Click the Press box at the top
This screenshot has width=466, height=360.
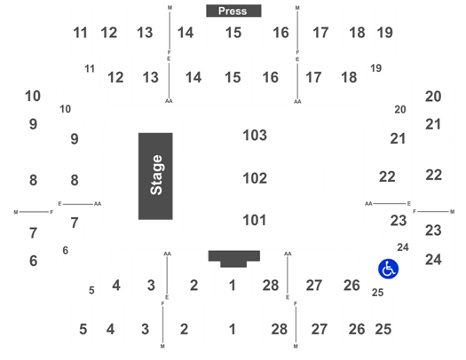click(233, 11)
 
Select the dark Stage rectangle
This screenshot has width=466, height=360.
click(155, 176)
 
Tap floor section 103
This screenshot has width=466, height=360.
click(255, 136)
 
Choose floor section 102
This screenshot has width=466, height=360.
click(255, 178)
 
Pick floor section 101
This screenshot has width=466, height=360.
click(255, 220)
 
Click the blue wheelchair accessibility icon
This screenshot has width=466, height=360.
click(388, 269)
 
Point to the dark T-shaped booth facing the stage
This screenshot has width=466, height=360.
click(234, 259)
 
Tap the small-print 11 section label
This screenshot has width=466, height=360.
click(90, 69)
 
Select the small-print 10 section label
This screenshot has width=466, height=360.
click(66, 109)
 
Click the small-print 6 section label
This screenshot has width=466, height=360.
click(66, 250)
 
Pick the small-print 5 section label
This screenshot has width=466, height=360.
click(91, 290)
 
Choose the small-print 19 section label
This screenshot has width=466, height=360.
click(376, 68)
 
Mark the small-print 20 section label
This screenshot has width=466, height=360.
click(400, 110)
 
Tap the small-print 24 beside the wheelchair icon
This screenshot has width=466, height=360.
click(403, 247)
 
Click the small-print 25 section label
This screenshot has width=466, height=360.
click(378, 293)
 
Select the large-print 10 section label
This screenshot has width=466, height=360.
click(33, 96)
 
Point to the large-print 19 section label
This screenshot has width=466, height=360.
click(385, 33)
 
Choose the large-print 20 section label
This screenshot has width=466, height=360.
click(433, 97)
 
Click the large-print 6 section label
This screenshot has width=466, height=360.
click(34, 261)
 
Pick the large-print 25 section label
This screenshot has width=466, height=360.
click(383, 329)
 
